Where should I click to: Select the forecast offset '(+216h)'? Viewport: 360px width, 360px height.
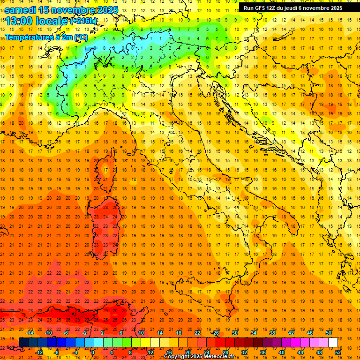point(84,21)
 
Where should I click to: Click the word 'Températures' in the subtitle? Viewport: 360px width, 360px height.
point(28,37)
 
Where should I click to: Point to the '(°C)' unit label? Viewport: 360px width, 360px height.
point(79,37)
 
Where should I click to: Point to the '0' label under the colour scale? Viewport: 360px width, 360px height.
point(92,352)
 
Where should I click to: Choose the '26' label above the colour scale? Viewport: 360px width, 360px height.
point(216,333)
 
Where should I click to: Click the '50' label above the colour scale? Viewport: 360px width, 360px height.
point(328,333)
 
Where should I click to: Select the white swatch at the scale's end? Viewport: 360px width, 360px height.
point(333,342)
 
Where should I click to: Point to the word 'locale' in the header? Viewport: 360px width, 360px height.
point(52,21)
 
